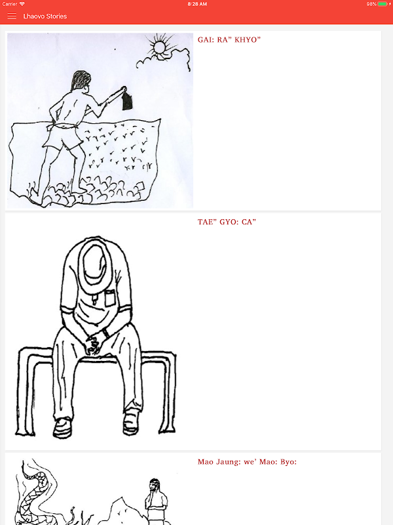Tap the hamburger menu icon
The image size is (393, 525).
tap(12, 16)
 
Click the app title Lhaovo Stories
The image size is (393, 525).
tap(45, 16)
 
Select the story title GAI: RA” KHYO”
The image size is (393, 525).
tap(229, 40)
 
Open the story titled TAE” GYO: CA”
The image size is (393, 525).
tap(227, 222)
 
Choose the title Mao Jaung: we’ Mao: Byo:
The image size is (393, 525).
tap(247, 462)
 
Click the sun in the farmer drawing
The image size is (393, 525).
tap(160, 47)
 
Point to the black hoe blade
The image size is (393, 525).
tap(127, 102)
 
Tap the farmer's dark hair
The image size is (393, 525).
tap(81, 80)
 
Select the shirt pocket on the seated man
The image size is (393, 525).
tap(110, 299)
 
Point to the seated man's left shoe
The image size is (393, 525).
tap(130, 423)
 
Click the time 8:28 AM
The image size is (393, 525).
tap(197, 4)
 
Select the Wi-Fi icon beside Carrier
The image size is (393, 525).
tap(22, 4)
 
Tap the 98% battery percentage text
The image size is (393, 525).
tap(371, 4)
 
